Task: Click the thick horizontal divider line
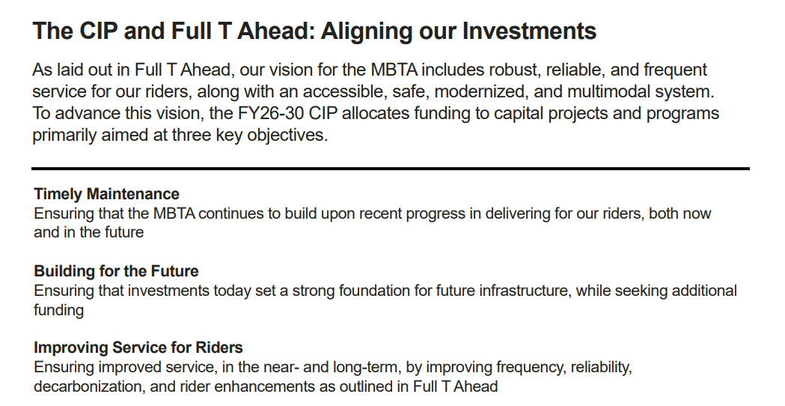[x=391, y=169]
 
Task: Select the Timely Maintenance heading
[x=106, y=194]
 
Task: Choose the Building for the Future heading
[x=116, y=271]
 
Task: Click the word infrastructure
[x=525, y=291]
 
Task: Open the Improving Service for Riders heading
[x=138, y=348]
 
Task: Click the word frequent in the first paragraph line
[x=675, y=69]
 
